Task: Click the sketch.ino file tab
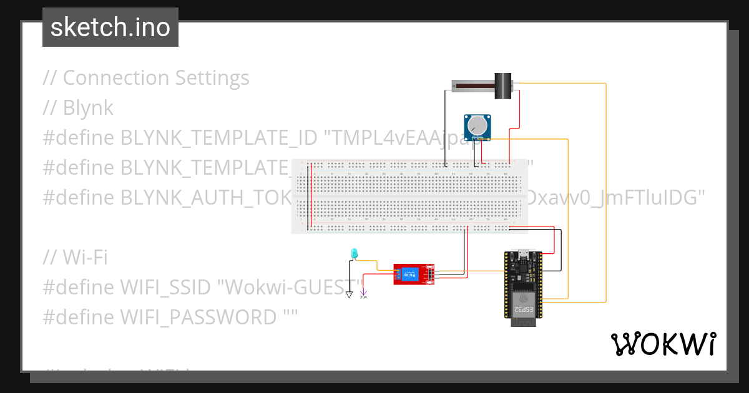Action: [110, 27]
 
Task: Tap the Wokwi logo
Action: [662, 344]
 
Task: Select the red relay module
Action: [414, 274]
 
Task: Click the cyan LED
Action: [355, 253]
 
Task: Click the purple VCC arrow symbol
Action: [364, 293]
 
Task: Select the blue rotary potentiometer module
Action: [477, 127]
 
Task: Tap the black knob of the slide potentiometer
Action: [502, 86]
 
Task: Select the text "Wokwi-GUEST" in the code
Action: [290, 287]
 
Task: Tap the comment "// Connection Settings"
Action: [146, 78]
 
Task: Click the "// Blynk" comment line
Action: [78, 108]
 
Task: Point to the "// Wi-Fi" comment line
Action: [75, 257]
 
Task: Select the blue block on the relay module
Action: [410, 274]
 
